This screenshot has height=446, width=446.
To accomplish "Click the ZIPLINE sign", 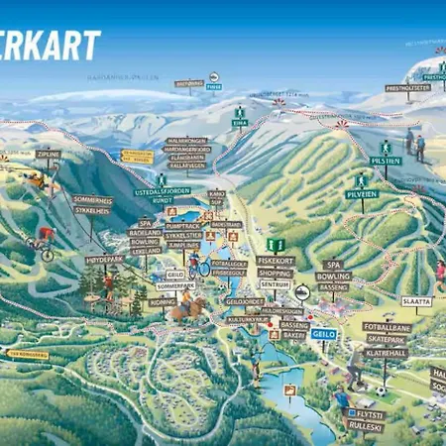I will [x=48, y=155].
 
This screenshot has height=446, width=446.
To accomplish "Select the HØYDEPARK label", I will [x=104, y=260].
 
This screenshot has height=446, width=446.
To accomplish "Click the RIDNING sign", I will [x=162, y=301].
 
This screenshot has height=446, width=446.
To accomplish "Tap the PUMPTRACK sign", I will [x=183, y=226].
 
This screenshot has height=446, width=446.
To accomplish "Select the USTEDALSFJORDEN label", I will [x=161, y=191].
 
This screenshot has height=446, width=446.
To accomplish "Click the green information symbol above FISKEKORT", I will [x=277, y=244].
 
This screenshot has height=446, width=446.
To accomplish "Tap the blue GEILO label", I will [x=324, y=334].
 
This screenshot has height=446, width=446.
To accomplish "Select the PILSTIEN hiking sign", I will [x=385, y=160].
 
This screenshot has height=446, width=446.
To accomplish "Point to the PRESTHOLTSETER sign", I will [x=406, y=87].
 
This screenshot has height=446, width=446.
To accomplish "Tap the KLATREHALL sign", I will [x=386, y=352].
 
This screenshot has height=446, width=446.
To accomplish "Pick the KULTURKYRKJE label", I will [x=248, y=320].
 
